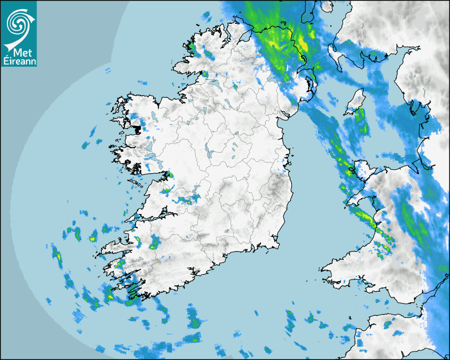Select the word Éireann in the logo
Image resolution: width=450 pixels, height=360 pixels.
pos(19,61)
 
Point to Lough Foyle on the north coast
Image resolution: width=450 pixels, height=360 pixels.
pos(247,34)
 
